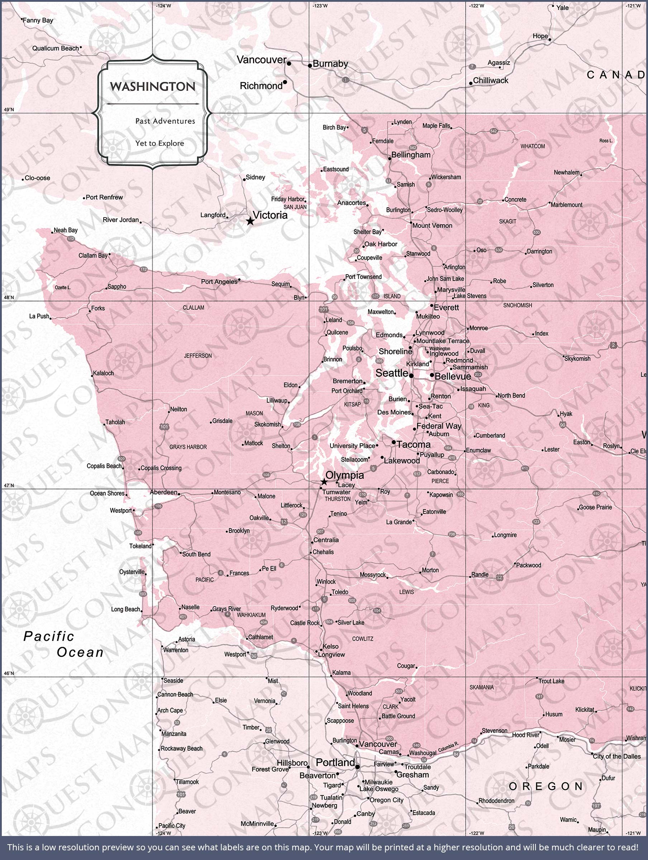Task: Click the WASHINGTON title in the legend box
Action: pyautogui.click(x=152, y=87)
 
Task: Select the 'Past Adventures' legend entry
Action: pyautogui.click(x=165, y=121)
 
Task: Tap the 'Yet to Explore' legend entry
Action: pyautogui.click(x=159, y=143)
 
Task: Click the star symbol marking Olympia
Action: pyautogui.click(x=324, y=482)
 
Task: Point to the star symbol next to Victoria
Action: pyautogui.click(x=250, y=221)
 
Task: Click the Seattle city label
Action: pyautogui.click(x=391, y=373)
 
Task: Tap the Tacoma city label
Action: pyautogui.click(x=414, y=444)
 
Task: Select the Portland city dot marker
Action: pyautogui.click(x=357, y=767)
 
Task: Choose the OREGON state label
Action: pyautogui.click(x=546, y=787)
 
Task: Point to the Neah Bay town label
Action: pyautogui.click(x=65, y=230)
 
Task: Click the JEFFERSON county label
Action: pyautogui.click(x=197, y=356)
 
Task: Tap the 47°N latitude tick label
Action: pyautogui.click(x=9, y=485)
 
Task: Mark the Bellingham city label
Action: pyautogui.click(x=411, y=155)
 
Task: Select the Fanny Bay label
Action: pyautogui.click(x=38, y=20)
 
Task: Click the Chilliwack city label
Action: pyautogui.click(x=490, y=81)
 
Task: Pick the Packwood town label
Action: pyautogui.click(x=528, y=565)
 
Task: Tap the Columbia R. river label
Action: pyautogui.click(x=448, y=747)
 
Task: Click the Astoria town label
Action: pyautogui.click(x=186, y=639)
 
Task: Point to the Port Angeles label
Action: pyautogui.click(x=219, y=282)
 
